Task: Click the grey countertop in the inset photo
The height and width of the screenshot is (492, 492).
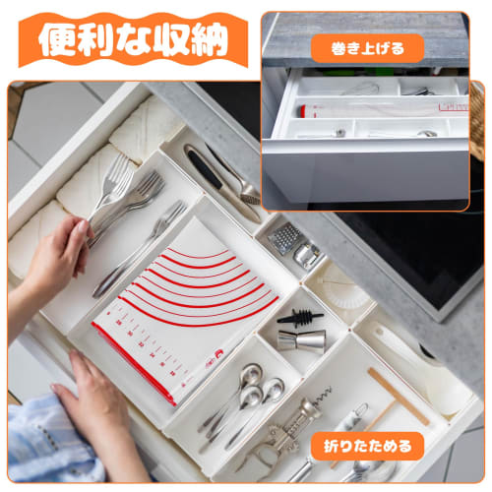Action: pyautogui.click(x=364, y=24)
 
